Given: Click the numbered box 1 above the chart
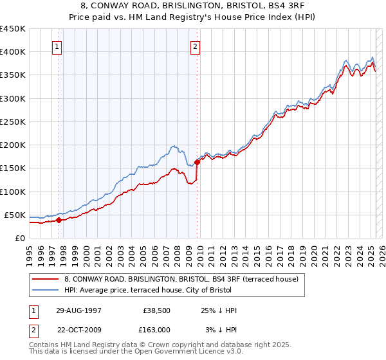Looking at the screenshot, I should point(57,46).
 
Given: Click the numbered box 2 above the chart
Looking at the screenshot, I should point(195,46).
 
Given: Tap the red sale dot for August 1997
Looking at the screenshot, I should point(59,220).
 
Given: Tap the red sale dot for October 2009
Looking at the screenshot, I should point(197,162).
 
